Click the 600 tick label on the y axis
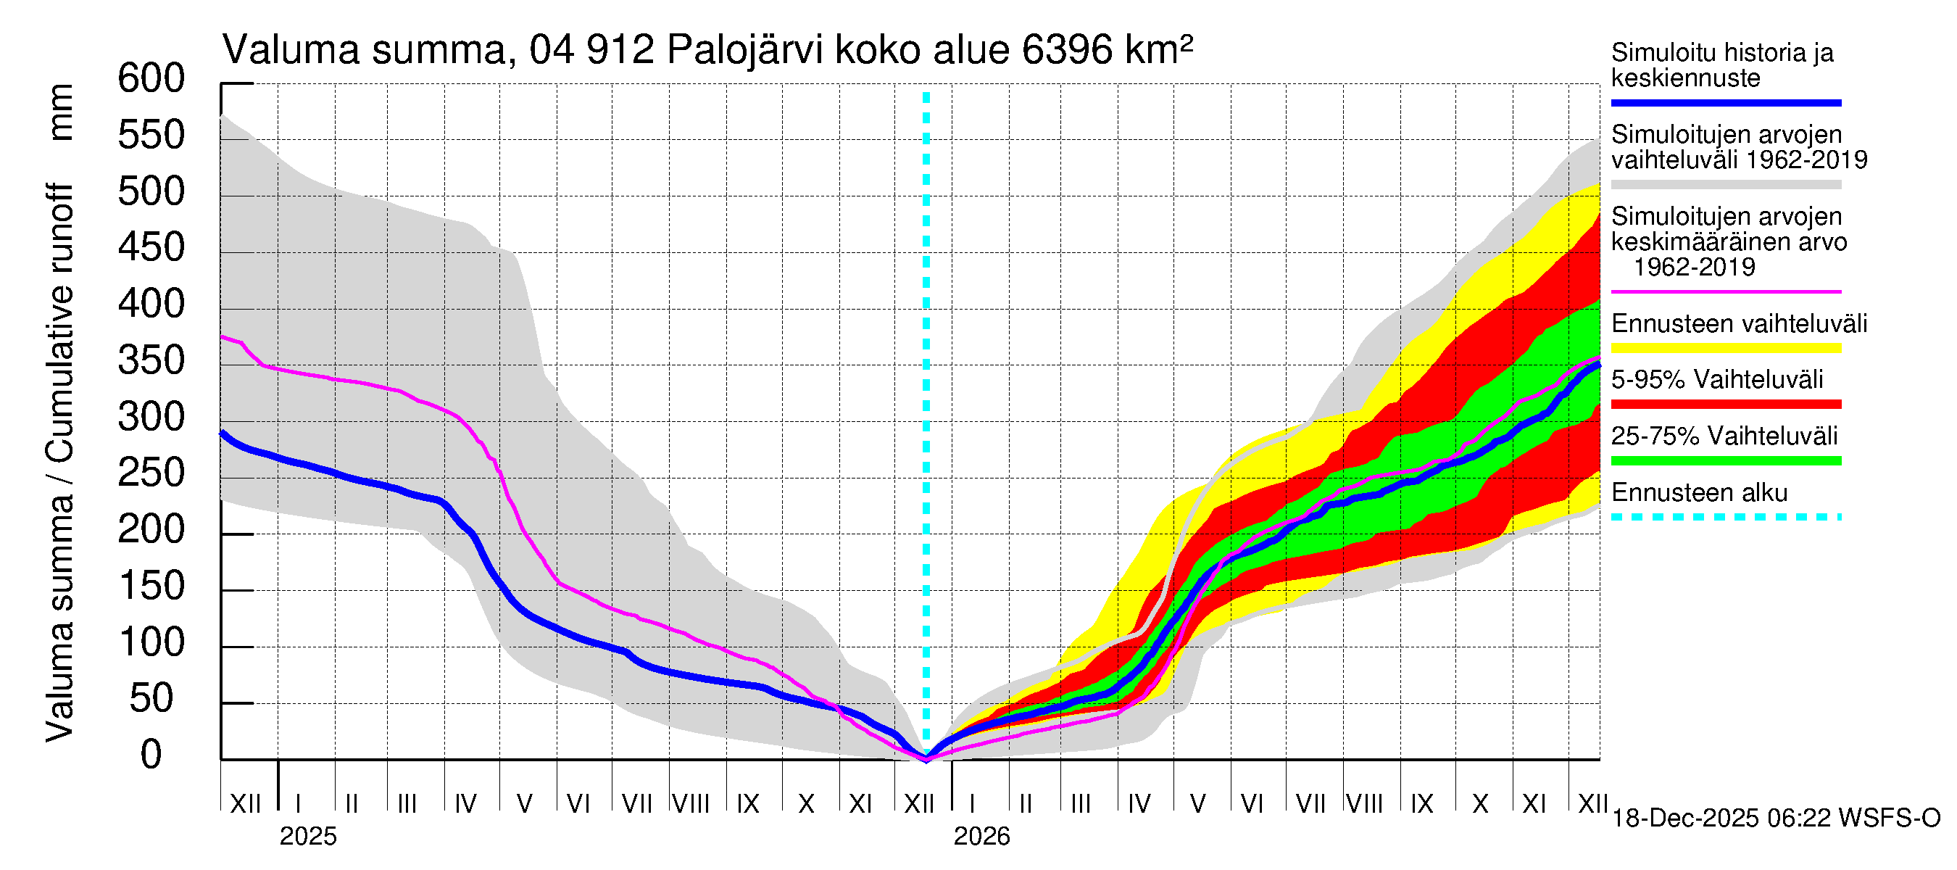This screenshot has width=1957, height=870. click(151, 79)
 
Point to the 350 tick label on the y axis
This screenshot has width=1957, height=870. click(151, 361)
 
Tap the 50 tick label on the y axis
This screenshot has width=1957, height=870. click(151, 699)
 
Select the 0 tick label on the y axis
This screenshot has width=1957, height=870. click(151, 755)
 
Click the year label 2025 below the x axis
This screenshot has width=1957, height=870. click(307, 837)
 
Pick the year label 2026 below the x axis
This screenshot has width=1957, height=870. click(981, 837)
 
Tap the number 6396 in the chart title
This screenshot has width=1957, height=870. click(1068, 51)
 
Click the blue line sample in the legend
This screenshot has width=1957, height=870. click(1725, 102)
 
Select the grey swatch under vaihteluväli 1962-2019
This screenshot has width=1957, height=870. click(1725, 185)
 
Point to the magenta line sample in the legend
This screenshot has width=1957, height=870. click(1725, 291)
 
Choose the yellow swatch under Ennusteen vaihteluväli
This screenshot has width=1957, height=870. click(1725, 349)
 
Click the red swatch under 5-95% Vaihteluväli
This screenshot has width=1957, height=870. click(1725, 405)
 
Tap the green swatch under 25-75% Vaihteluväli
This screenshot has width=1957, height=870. click(1725, 460)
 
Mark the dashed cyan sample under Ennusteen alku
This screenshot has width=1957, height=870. click(1725, 518)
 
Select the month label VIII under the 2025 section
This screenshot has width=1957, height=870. click(691, 804)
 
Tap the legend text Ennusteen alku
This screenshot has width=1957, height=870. click(1699, 493)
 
